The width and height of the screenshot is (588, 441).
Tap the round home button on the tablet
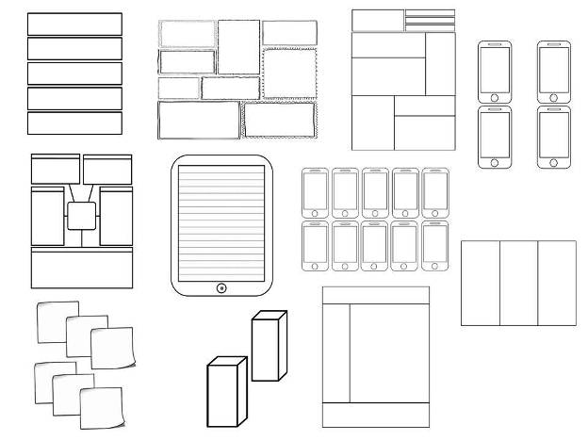(220, 286)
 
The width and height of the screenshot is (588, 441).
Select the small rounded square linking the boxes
(81, 217)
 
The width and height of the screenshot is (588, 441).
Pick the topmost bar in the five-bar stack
(74, 24)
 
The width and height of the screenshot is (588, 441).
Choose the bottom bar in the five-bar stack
(74, 123)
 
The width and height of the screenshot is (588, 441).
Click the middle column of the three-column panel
(517, 283)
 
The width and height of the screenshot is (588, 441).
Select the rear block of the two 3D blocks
(268, 347)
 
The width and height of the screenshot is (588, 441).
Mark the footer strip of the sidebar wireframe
(375, 415)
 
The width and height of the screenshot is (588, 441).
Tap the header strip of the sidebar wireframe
(375, 295)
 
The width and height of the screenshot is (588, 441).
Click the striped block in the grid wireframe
(430, 20)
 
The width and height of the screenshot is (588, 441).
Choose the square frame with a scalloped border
(288, 73)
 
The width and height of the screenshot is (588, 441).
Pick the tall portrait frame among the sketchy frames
(238, 47)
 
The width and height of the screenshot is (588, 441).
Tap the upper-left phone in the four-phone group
(494, 71)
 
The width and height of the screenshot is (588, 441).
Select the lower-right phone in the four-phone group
(554, 137)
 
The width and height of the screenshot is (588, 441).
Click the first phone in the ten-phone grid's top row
(315, 193)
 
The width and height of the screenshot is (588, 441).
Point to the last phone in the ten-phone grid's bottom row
(435, 245)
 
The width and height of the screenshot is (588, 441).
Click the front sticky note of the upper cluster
(111, 348)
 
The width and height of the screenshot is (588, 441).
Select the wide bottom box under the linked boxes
(81, 269)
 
